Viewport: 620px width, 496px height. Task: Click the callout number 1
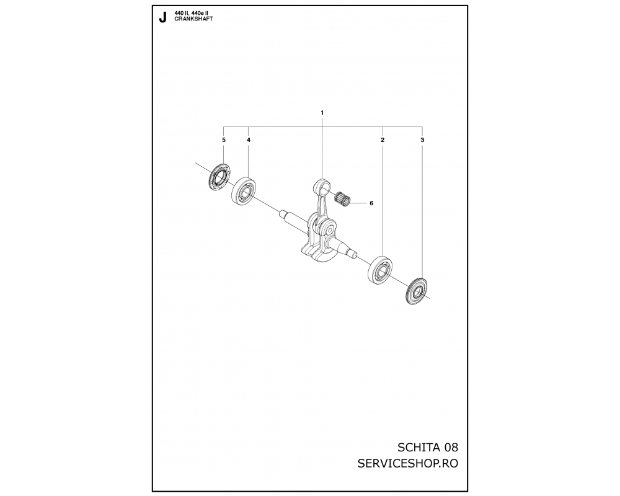point(322,113)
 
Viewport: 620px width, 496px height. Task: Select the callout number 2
point(383,140)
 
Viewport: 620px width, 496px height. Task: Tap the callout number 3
point(422,140)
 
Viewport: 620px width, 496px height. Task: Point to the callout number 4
point(249,140)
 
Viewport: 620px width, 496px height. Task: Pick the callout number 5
point(223,140)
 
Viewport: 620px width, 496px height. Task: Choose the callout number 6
point(371,203)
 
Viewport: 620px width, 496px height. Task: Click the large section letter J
point(162,18)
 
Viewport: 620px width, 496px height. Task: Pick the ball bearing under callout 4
point(244,192)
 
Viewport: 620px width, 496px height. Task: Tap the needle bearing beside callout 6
point(343,197)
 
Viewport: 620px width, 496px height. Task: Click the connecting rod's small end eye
point(323,185)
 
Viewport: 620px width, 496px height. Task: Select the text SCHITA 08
point(427,448)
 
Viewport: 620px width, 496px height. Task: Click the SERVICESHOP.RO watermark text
point(408,463)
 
